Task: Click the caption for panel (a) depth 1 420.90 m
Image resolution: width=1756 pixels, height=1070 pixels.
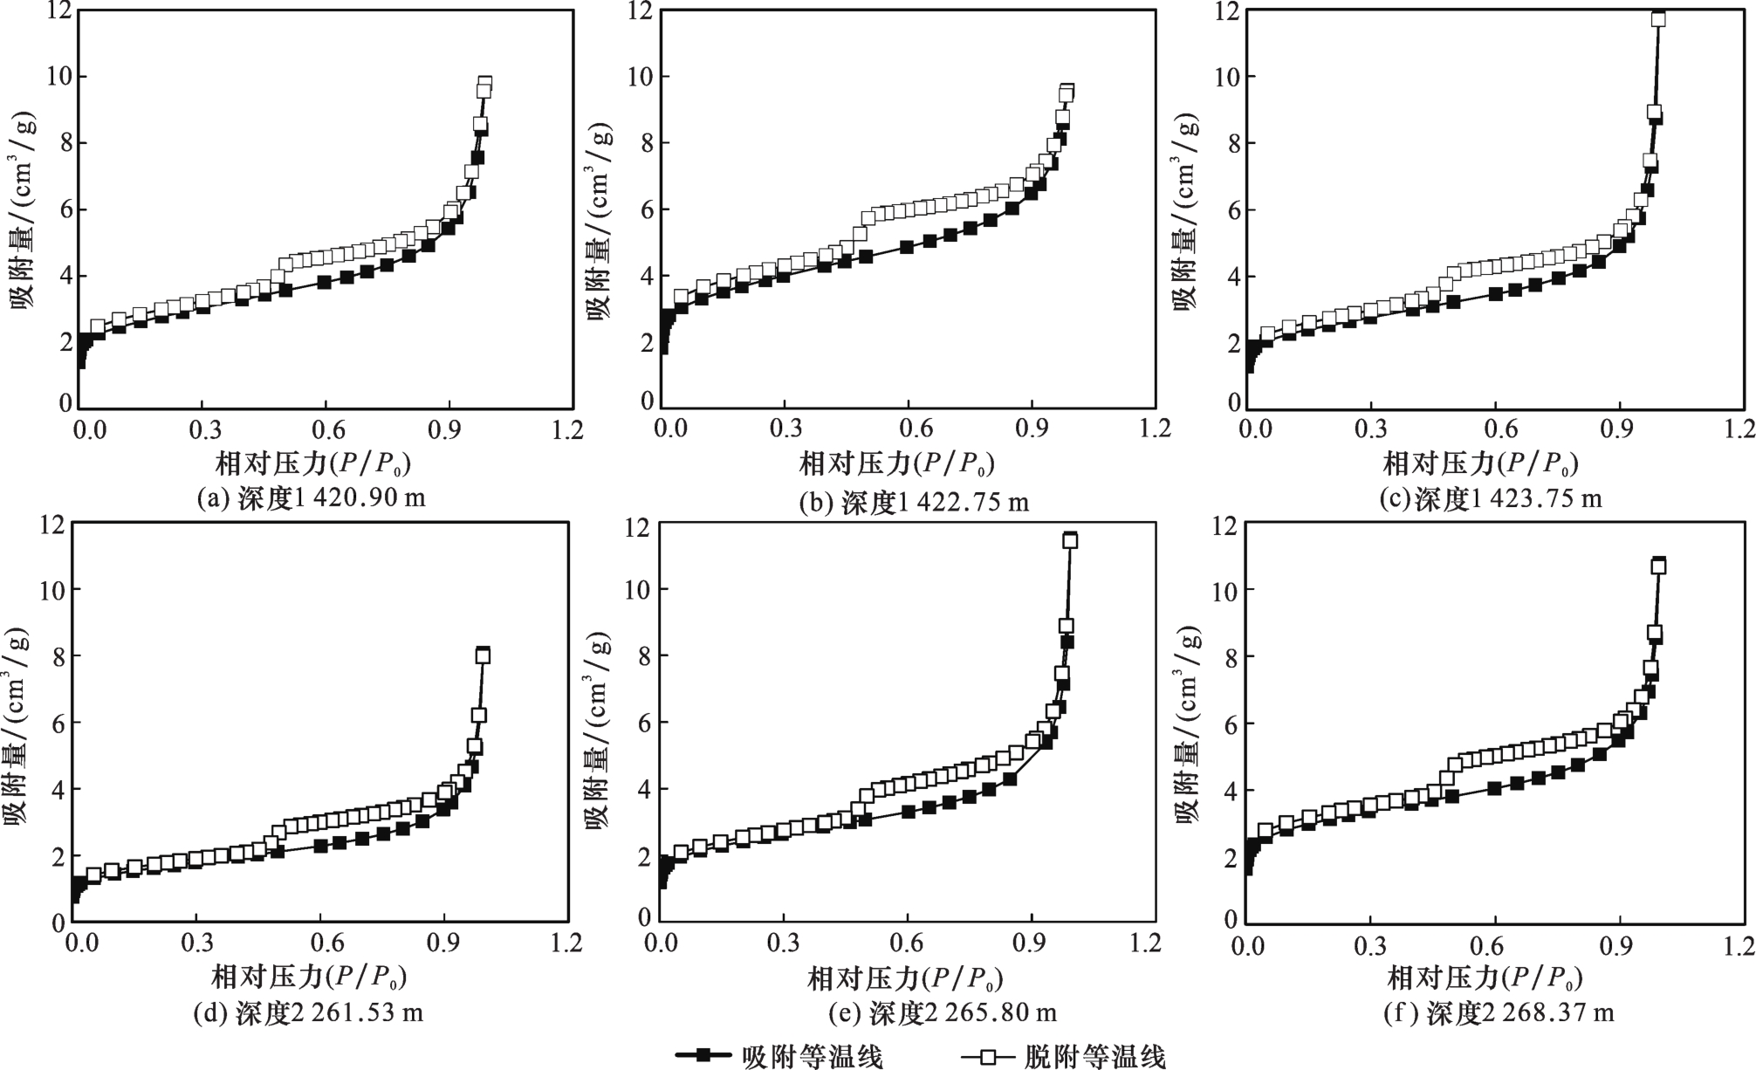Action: [311, 498]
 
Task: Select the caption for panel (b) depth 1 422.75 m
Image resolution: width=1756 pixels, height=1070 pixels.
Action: [914, 502]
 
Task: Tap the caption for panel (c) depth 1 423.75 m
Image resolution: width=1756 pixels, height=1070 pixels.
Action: [1491, 498]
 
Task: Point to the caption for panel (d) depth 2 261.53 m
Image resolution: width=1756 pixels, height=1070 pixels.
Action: [311, 1012]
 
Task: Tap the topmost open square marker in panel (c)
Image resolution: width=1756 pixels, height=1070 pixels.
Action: [1658, 19]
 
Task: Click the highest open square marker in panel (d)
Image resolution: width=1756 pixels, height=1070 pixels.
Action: [483, 656]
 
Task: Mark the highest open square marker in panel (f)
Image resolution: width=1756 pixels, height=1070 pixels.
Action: [1658, 567]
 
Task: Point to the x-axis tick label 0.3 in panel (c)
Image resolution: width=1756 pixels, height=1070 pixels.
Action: [1372, 429]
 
